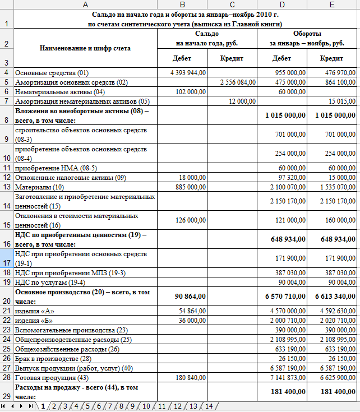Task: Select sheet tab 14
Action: [209, 406]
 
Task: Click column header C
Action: [231, 4]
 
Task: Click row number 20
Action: [6, 295]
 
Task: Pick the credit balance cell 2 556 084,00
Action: [230, 82]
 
